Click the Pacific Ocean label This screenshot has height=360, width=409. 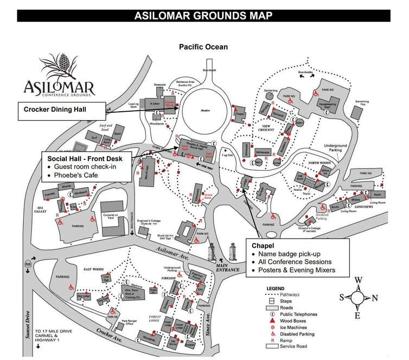[203, 47]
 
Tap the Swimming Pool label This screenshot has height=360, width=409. [362, 102]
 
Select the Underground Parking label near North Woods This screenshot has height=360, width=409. [335, 148]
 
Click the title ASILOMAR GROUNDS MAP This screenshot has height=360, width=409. [203, 15]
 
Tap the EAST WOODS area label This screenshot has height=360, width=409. [94, 268]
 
